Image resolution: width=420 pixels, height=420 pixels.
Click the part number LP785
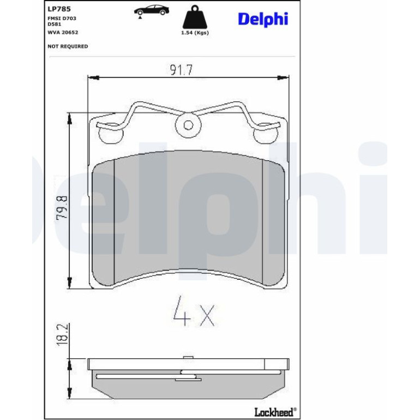coord(59,9)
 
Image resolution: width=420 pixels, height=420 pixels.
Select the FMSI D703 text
coord(62,19)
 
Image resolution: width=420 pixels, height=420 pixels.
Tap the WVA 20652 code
coord(63,32)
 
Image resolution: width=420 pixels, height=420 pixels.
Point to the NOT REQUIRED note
coord(68,46)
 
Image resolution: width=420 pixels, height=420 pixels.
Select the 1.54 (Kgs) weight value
coord(195,33)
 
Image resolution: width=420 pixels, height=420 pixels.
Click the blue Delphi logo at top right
coord(263,19)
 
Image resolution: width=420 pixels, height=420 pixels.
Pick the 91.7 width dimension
coord(181,70)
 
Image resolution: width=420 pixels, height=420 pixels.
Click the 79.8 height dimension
coord(62,208)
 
